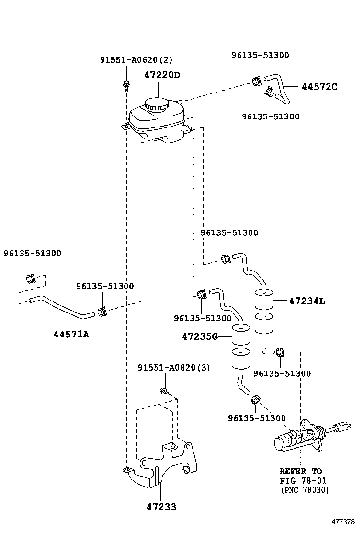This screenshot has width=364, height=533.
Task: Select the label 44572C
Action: tap(319, 87)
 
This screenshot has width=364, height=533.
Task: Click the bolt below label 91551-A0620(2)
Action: tap(126, 87)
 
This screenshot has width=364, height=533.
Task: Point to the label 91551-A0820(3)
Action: tap(174, 368)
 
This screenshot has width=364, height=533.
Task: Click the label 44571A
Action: tap(71, 334)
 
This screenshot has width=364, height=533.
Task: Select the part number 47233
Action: tap(161, 507)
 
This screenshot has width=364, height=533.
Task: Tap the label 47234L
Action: tap(307, 301)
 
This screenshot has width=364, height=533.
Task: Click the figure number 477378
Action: tap(344, 521)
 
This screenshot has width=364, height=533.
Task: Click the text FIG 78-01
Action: tap(304, 480)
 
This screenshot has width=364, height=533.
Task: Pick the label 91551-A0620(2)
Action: tap(136, 60)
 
